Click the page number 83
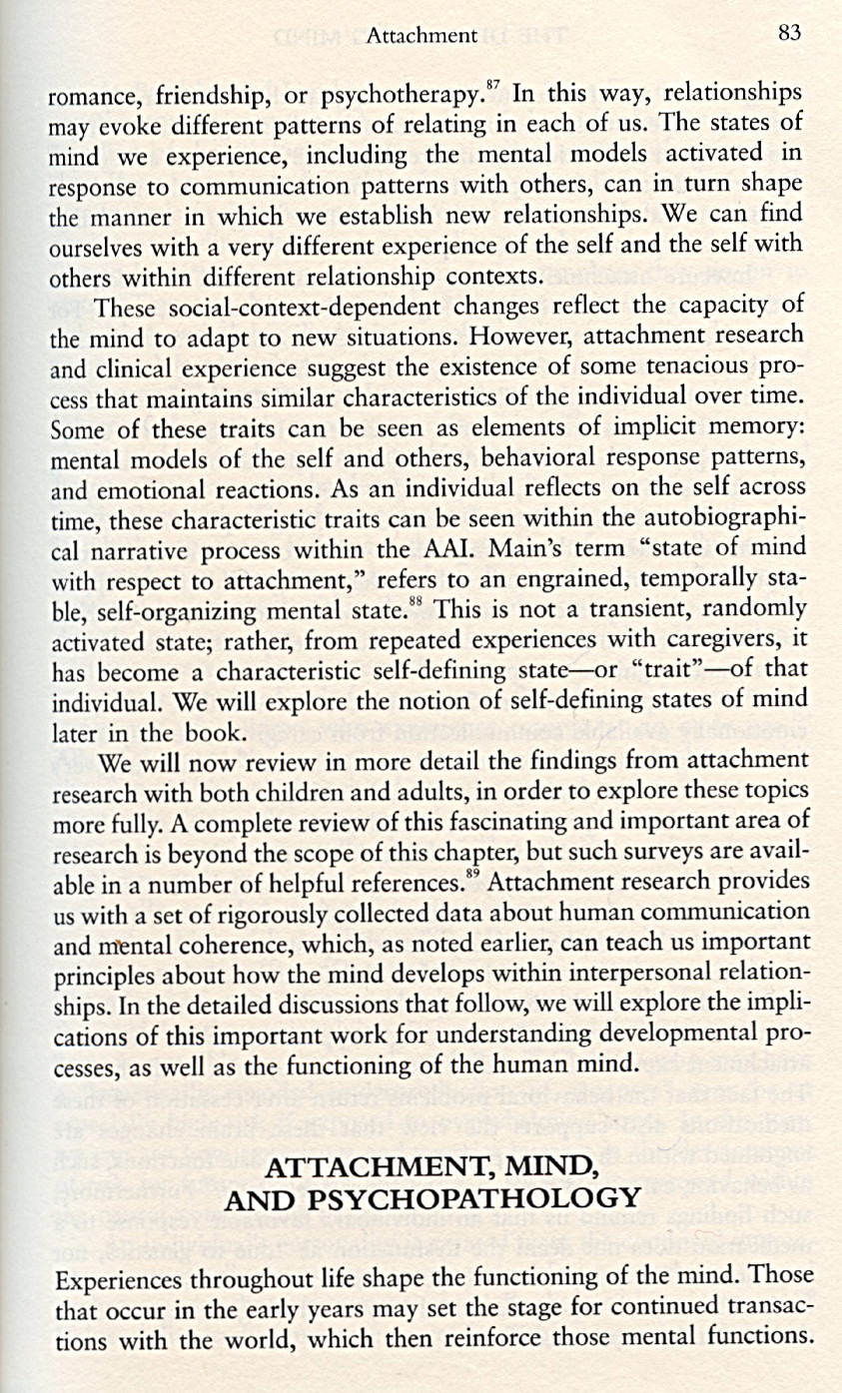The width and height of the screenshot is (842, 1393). point(789,34)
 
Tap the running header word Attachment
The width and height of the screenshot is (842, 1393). point(421,37)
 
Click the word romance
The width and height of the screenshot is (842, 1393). point(90,99)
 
